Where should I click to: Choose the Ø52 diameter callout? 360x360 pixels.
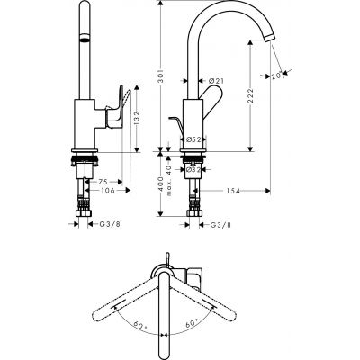(x=192, y=138)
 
